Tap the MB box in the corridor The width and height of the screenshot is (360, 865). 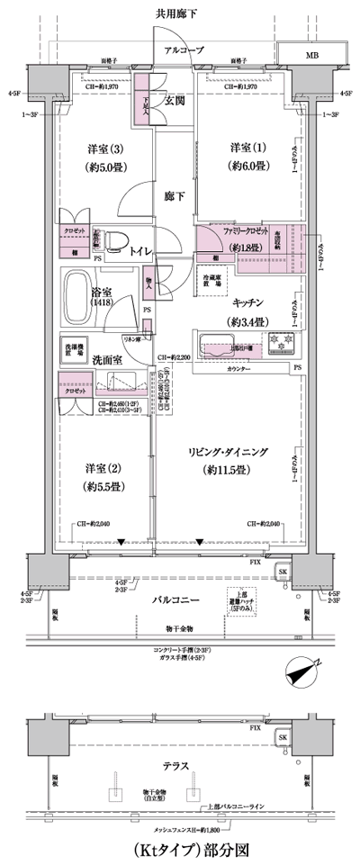[x=311, y=54]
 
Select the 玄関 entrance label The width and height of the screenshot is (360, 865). [x=174, y=100]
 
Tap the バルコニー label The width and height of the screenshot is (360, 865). [x=177, y=598]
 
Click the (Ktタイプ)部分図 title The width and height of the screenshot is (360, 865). [x=181, y=848]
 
